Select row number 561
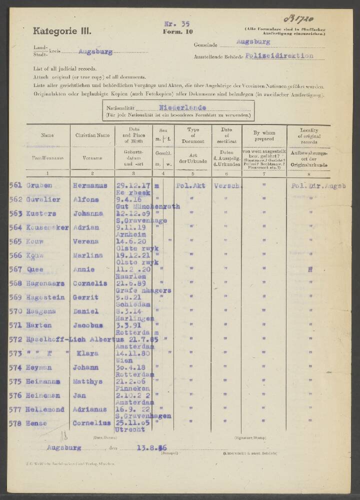tap(15, 185)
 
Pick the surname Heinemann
tap(43, 381)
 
